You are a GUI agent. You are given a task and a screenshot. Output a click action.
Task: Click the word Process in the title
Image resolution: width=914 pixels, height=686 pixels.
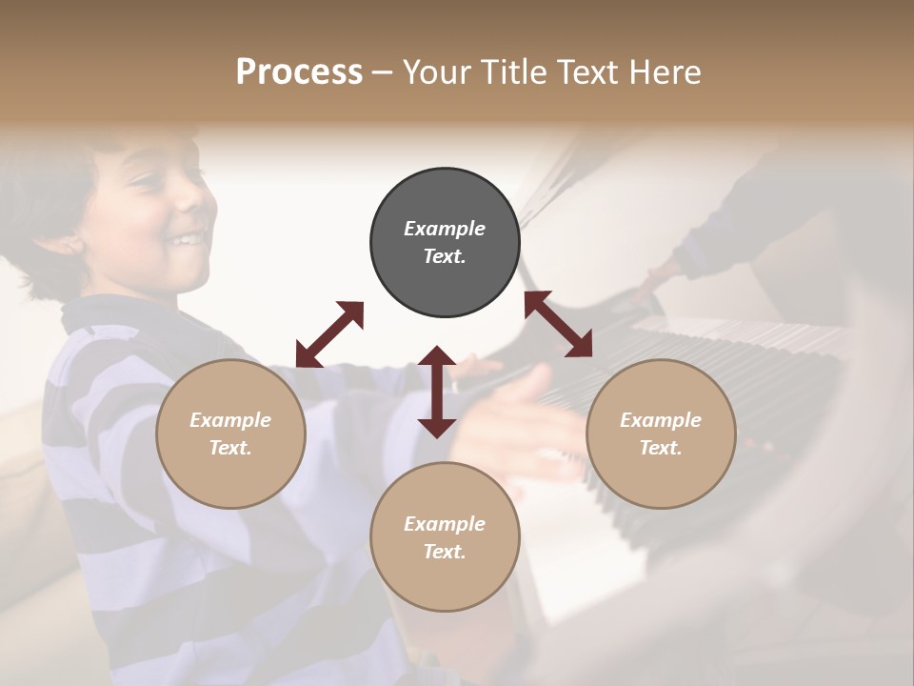(299, 72)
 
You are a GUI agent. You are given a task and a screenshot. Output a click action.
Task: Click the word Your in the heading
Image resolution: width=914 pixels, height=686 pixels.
(436, 72)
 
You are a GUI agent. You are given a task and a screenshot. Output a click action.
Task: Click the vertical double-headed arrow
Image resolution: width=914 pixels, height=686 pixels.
(437, 392)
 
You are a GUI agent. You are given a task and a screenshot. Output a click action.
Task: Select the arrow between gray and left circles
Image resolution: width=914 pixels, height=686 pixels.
(329, 334)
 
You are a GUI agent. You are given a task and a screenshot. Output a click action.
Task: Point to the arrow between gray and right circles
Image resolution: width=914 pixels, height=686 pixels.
(558, 324)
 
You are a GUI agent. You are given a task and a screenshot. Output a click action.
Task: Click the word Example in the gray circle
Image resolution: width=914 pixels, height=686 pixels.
(445, 229)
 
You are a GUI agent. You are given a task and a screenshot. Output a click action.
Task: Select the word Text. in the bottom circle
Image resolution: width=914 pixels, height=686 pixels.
(445, 552)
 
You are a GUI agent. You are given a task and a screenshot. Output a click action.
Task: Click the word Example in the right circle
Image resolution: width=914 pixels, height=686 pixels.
(661, 420)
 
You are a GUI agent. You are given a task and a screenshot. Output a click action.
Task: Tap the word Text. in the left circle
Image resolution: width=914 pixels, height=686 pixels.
(230, 448)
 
